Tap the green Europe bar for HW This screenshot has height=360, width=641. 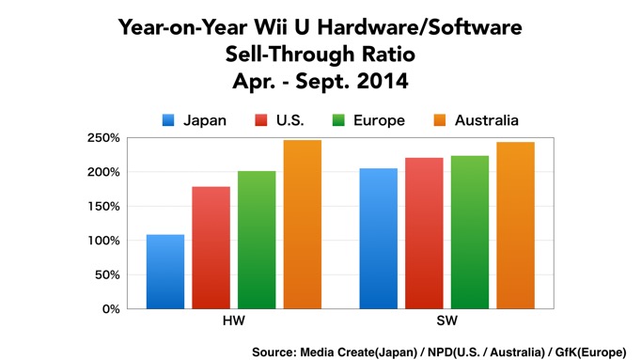(257, 240)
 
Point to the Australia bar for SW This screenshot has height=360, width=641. (515, 226)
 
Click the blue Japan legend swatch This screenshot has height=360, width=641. (168, 120)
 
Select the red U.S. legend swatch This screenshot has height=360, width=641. (261, 120)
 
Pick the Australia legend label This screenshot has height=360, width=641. (487, 120)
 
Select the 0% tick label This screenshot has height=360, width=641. (109, 308)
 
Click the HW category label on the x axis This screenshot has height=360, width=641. (233, 322)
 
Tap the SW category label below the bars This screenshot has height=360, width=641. (446, 322)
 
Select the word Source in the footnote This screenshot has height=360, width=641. (275, 352)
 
